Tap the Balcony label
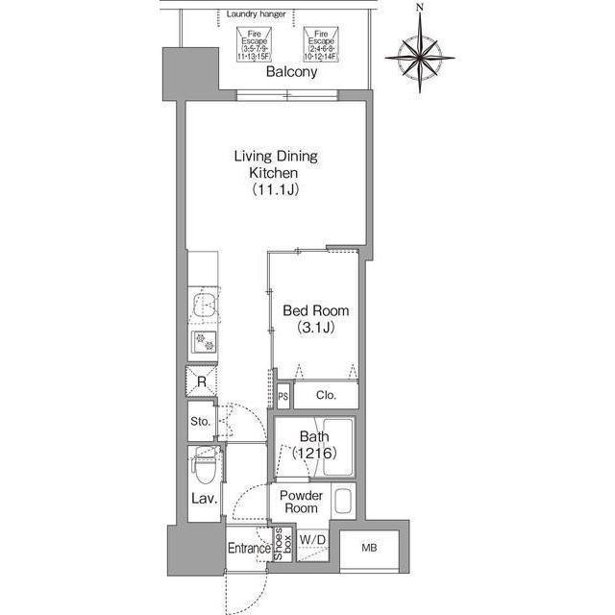pyautogui.click(x=292, y=72)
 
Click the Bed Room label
pyautogui.click(x=315, y=319)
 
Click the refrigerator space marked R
pyautogui.click(x=202, y=381)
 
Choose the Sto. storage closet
pyautogui.click(x=201, y=420)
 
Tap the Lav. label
pyautogui.click(x=202, y=500)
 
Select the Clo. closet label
pyautogui.click(x=325, y=395)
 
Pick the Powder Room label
pyautogui.click(x=300, y=502)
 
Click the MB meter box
pyautogui.click(x=369, y=548)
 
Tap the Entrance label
pyautogui.click(x=248, y=549)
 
